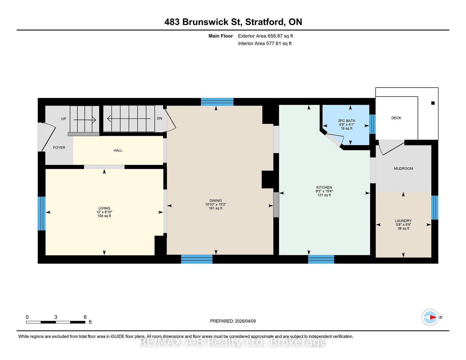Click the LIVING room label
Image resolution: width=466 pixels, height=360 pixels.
pos(104,208)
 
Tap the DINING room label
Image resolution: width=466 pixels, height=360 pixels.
pos(216,201)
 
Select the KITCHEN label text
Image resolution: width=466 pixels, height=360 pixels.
pos(324,187)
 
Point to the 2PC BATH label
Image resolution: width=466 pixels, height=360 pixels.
pos(347,121)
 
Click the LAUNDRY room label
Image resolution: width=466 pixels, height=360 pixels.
pos(403,221)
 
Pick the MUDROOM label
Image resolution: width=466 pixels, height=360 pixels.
pos(403,169)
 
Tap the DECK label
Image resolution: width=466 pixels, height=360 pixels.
pos(396,118)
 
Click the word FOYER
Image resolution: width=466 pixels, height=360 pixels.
pos(59,148)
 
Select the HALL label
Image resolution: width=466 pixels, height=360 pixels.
pos(118,150)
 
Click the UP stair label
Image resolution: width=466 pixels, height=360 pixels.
pos(63,119)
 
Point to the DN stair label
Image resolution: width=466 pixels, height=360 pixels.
pos(159,118)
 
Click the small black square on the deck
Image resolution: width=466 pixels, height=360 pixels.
pos(433,103)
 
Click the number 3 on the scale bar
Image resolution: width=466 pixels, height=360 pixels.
pos(56,317)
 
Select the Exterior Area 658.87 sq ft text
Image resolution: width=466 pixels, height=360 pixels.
pos(265,36)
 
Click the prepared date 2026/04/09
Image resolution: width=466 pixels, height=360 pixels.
pos(245,321)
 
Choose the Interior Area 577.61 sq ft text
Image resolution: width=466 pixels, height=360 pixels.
pos(265,43)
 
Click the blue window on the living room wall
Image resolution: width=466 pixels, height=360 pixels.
pos(42,213)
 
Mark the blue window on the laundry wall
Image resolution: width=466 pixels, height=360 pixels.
pos(435,208)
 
